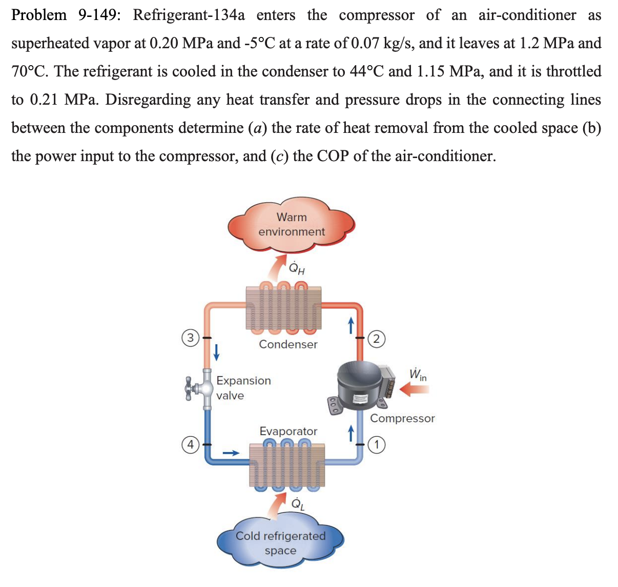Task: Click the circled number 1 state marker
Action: point(377,444)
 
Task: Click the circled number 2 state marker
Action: point(377,338)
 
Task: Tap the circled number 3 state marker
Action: point(190,338)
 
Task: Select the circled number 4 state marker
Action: point(190,444)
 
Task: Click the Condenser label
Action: point(288,344)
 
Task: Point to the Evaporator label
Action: point(288,431)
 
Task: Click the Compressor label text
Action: point(402,418)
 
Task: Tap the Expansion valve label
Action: point(243,388)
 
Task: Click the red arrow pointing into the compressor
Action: point(414,390)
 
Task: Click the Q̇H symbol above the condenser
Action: point(297,268)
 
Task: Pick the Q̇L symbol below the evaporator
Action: point(298,504)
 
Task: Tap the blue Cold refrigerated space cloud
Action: point(280,543)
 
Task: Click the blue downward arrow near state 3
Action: point(217,351)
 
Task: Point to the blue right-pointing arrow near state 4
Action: point(231,453)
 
